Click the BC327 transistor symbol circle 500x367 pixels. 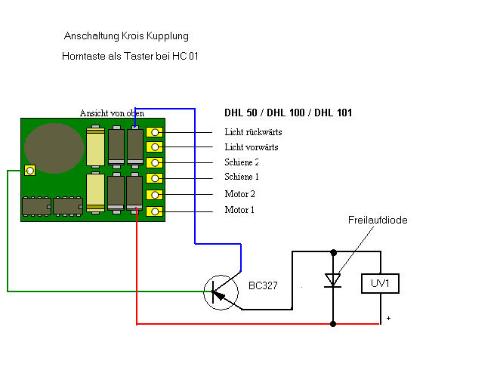pos(205,292)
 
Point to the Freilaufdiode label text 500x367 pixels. pos(378,220)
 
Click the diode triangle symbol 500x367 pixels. pos(333,280)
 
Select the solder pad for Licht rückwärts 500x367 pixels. pos(155,132)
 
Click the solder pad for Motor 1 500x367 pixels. pos(155,211)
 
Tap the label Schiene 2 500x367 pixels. pos(242,162)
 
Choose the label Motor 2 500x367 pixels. pos(239,194)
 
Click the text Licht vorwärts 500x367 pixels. pos(252,147)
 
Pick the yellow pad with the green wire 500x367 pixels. pos(30,171)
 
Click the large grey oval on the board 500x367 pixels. pos(54,148)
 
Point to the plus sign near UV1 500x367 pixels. pos(388,318)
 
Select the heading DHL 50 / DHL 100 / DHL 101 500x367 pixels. pos(288,113)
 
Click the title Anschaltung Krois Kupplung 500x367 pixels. pos(126,35)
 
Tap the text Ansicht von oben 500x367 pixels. pos(112,113)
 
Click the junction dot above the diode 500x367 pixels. pos(334,253)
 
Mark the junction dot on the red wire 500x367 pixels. pos(333,324)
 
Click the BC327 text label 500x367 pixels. pos(263,285)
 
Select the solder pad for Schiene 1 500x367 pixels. pos(155,178)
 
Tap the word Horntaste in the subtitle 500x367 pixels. pos(84,56)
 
